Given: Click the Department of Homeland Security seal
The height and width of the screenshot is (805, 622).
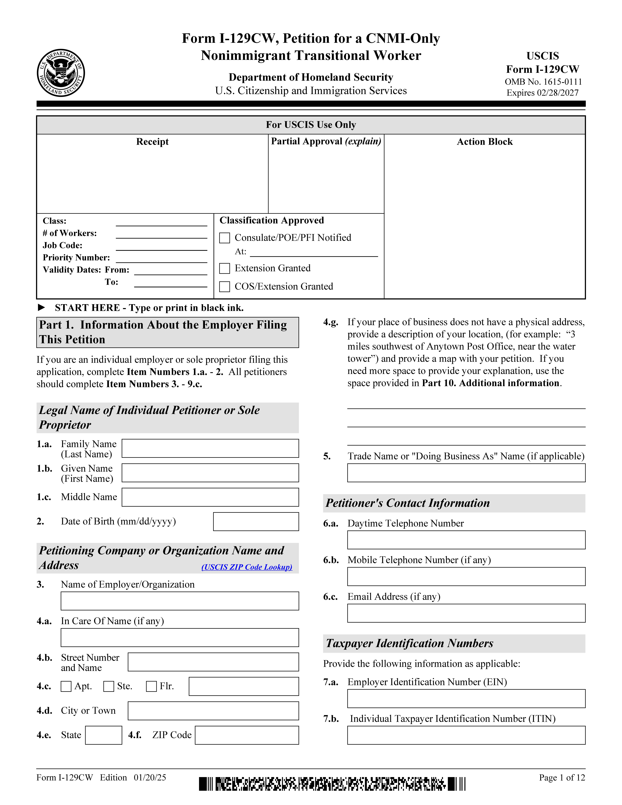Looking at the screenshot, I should click(x=61, y=73).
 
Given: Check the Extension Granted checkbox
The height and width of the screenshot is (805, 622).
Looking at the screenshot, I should click(x=224, y=268).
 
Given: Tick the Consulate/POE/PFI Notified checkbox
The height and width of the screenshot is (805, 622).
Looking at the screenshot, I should click(x=224, y=238).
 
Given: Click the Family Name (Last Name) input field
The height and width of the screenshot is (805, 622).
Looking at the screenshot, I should click(x=210, y=448).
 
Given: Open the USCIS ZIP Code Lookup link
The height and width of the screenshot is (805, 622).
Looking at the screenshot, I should click(x=247, y=567).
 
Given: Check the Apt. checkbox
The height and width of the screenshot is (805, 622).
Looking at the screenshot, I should click(x=66, y=686).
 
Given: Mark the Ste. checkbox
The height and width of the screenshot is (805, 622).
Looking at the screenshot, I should click(x=109, y=686).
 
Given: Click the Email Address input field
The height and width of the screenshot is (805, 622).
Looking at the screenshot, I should click(x=466, y=613).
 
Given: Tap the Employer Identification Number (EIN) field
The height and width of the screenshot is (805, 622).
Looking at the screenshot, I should click(x=466, y=698).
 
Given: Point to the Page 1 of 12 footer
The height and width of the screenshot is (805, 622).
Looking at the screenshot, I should click(x=562, y=777).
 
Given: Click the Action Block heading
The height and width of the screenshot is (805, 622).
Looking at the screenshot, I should click(x=485, y=142).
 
